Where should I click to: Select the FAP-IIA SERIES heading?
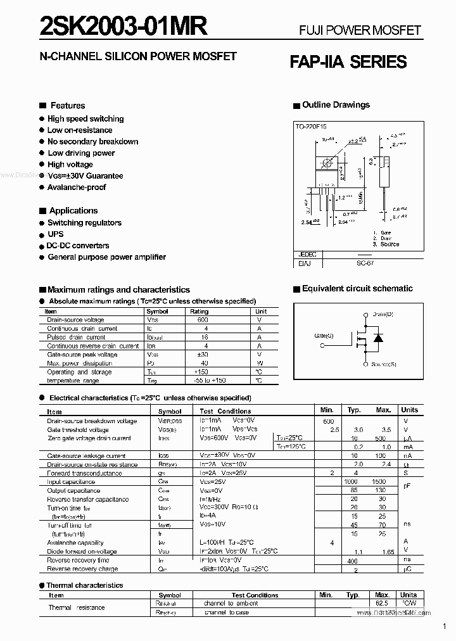(x=348, y=61)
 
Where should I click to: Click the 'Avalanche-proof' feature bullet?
(x=77, y=187)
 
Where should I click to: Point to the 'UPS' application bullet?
(x=56, y=234)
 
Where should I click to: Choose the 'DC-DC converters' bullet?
(x=78, y=246)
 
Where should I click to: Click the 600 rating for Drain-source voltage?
(x=203, y=320)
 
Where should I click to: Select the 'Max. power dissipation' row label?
(x=79, y=363)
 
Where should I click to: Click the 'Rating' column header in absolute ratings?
(x=199, y=312)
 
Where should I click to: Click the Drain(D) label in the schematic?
(x=383, y=314)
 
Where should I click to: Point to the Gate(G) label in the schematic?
(x=324, y=335)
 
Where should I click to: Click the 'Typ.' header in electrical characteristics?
(x=354, y=410)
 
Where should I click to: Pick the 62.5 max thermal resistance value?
(x=382, y=604)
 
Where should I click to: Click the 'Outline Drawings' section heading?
(x=336, y=105)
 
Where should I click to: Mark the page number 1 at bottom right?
(x=445, y=627)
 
